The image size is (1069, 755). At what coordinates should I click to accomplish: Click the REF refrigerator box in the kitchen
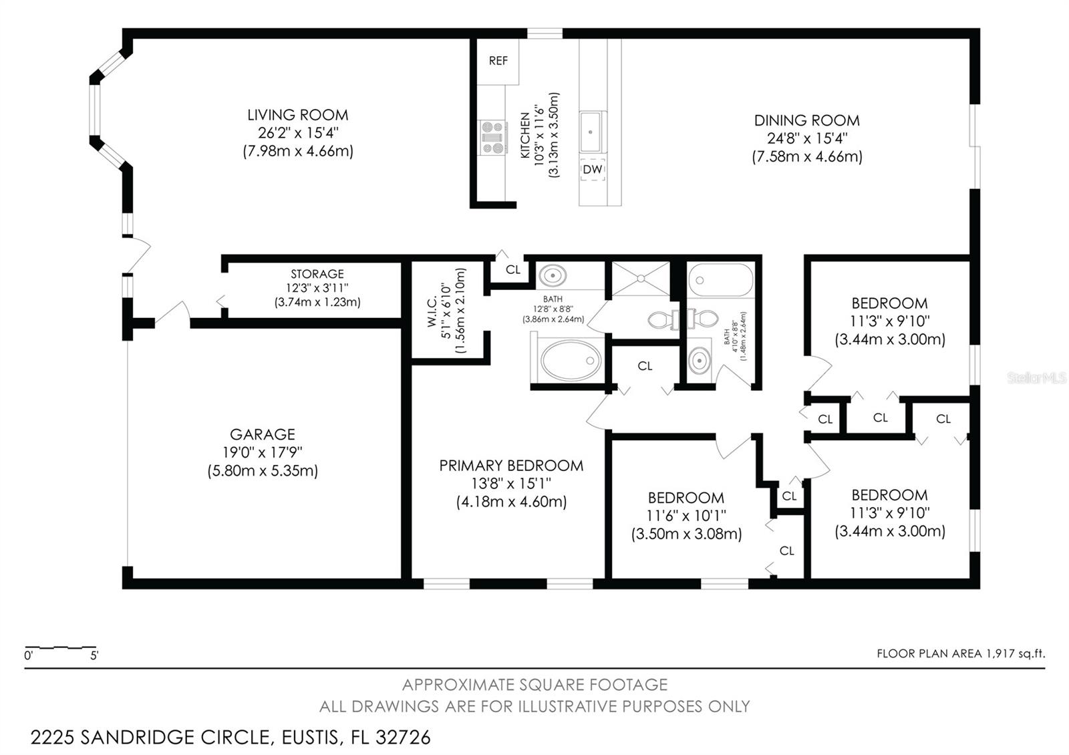tap(498, 62)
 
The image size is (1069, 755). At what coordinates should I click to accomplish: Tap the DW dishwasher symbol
tap(593, 169)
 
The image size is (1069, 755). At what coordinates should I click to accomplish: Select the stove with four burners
tap(494, 138)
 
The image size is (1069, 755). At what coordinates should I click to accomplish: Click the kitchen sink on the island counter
tap(593, 131)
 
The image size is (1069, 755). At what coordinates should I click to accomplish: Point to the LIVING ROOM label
tap(298, 115)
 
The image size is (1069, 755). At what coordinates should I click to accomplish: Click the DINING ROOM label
tap(807, 121)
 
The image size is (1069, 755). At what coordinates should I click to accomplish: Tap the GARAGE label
tap(263, 434)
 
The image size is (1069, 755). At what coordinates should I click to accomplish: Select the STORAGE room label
tap(317, 274)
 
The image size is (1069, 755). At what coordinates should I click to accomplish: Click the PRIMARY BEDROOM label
tap(511, 465)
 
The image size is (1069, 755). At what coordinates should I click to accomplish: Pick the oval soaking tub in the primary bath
tap(571, 360)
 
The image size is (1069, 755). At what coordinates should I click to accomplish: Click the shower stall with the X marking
tap(641, 278)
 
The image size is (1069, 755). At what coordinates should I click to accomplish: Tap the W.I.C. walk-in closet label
tap(432, 311)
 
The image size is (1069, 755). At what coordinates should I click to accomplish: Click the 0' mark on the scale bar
tap(29, 655)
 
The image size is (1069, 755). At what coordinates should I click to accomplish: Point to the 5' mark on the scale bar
tap(94, 655)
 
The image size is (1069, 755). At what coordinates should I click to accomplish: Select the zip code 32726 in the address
tap(403, 738)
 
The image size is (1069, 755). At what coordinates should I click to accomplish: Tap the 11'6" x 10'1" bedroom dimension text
tap(686, 516)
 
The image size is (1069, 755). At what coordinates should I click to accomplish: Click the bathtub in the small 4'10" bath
tap(721, 280)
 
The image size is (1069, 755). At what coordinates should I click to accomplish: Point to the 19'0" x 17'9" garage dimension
tap(263, 452)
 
